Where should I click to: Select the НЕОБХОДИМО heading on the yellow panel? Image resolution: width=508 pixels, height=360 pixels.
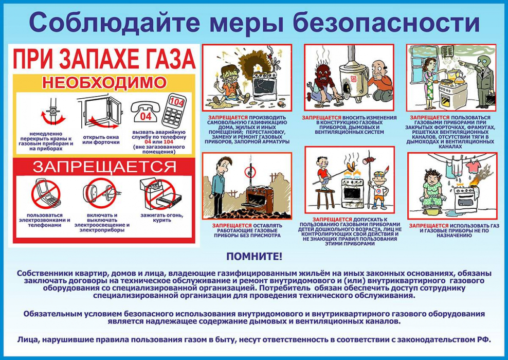104,82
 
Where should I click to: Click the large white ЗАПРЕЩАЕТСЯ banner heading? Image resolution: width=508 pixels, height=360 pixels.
104,166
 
